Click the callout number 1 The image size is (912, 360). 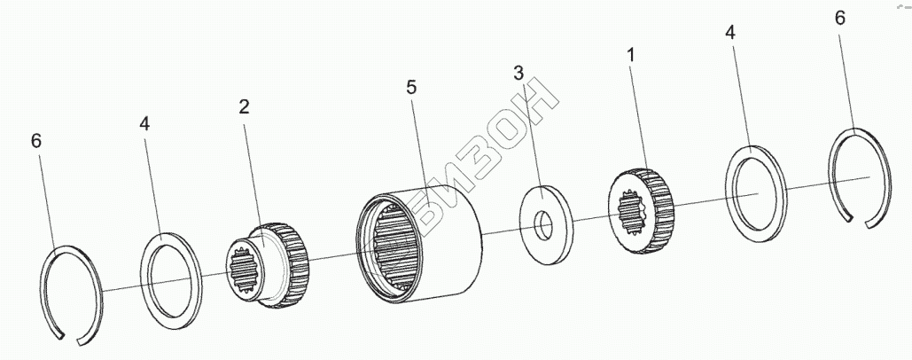(x=630, y=56)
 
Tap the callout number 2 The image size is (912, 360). (x=244, y=107)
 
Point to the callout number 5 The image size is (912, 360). (x=411, y=87)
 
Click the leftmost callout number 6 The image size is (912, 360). (x=35, y=141)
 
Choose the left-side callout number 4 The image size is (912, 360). (x=144, y=124)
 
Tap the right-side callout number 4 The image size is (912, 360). (x=729, y=33)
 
